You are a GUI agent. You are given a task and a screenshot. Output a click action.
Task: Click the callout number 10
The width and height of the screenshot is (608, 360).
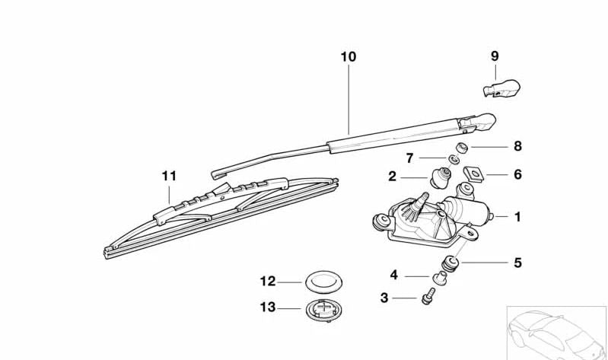click(x=348, y=56)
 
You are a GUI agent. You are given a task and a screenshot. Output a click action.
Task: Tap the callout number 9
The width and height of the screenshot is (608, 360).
click(x=495, y=56)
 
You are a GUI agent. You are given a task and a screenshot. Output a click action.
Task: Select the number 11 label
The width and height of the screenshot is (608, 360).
click(x=169, y=176)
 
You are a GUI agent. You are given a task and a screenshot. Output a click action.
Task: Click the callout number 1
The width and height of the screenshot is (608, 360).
click(x=517, y=217)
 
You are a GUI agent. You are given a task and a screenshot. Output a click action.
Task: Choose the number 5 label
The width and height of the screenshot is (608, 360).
click(x=517, y=263)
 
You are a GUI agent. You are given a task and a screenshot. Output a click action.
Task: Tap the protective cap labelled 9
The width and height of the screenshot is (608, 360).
click(x=498, y=89)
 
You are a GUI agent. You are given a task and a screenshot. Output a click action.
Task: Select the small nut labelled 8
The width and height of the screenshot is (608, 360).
click(x=461, y=147)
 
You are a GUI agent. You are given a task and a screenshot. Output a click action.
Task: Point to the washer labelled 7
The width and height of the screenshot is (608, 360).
click(x=452, y=159)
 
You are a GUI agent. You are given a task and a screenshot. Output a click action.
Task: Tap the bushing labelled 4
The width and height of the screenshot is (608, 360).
click(x=439, y=276)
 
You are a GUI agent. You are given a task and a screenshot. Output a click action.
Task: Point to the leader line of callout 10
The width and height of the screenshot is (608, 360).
click(x=349, y=99)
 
